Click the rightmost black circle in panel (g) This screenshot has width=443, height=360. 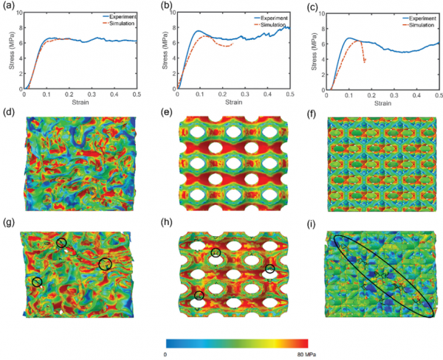click(105, 263)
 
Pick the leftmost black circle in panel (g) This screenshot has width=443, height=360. click(37, 281)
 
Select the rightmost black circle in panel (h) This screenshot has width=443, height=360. click(270, 269)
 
